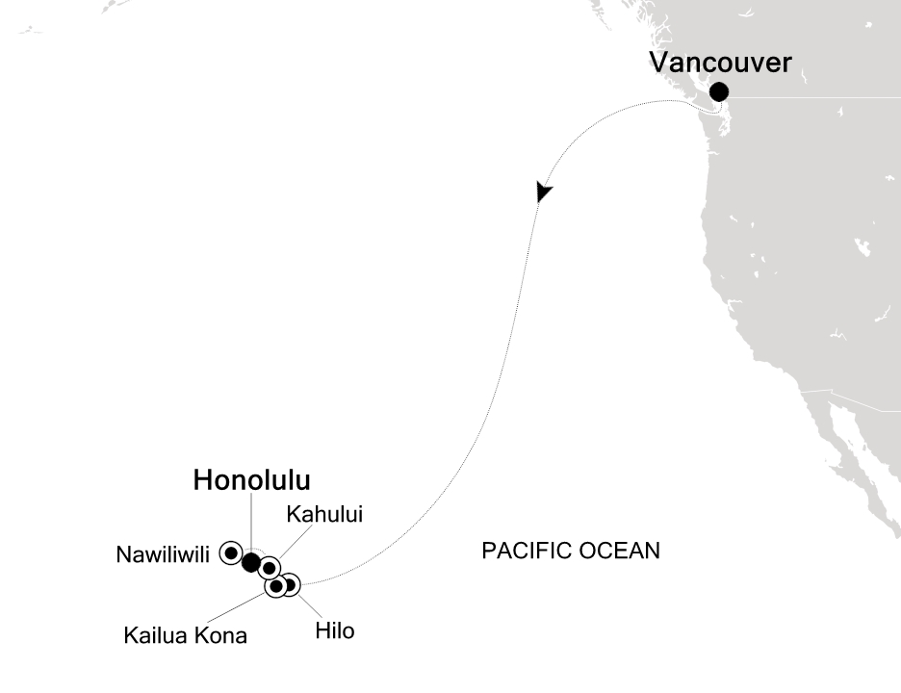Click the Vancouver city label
tap(720, 64)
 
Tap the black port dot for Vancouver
tap(718, 92)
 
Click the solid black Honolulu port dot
tap(250, 562)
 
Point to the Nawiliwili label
tap(163, 554)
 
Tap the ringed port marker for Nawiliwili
tap(231, 552)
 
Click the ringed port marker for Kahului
tap(270, 568)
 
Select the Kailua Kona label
tap(185, 635)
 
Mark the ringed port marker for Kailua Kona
tap(276, 586)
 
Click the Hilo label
tap(335, 631)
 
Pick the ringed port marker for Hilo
tap(289, 583)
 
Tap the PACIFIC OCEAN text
tap(571, 551)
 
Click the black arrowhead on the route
tap(544, 191)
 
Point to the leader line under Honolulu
tap(250, 520)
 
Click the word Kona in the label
tap(222, 635)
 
